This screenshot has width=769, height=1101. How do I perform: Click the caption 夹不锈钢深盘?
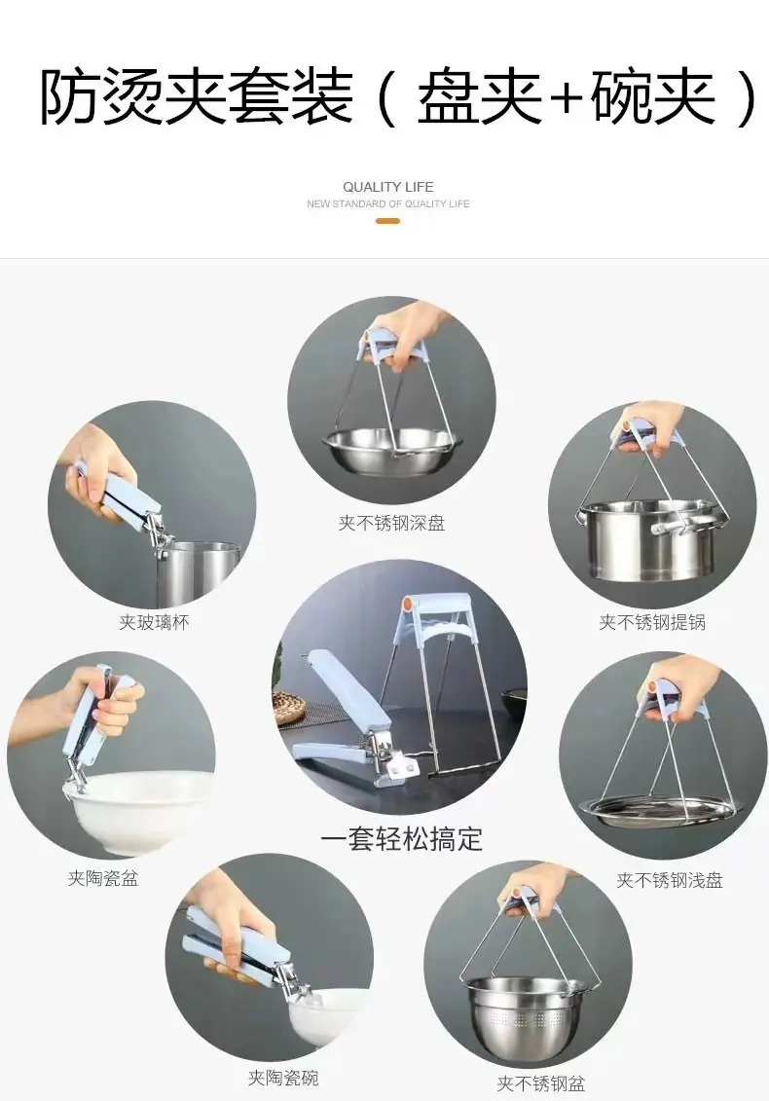pyautogui.click(x=391, y=523)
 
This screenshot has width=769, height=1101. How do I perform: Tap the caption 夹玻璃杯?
pyautogui.click(x=154, y=622)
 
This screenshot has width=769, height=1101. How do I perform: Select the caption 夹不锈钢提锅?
pyautogui.click(x=652, y=622)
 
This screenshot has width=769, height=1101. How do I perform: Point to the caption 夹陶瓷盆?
pyautogui.click(x=103, y=878)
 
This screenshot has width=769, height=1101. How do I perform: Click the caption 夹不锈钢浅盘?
pyautogui.click(x=670, y=880)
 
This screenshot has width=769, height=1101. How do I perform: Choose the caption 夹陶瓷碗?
pyautogui.click(x=283, y=1077)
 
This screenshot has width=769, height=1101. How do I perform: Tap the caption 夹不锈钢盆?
pyautogui.click(x=541, y=1083)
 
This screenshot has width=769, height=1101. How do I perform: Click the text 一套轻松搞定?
pyautogui.click(x=402, y=839)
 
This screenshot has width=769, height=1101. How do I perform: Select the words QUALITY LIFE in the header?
pyautogui.click(x=388, y=187)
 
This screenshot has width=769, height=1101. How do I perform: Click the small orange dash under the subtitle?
pyautogui.click(x=387, y=221)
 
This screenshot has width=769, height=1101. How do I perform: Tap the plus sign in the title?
pyautogui.click(x=566, y=98)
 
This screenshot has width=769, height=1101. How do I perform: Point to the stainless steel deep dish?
pyautogui.click(x=391, y=451)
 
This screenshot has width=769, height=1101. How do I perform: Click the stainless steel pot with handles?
pyautogui.click(x=652, y=539)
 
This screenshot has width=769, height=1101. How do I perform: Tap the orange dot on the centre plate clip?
pyautogui.click(x=408, y=603)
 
